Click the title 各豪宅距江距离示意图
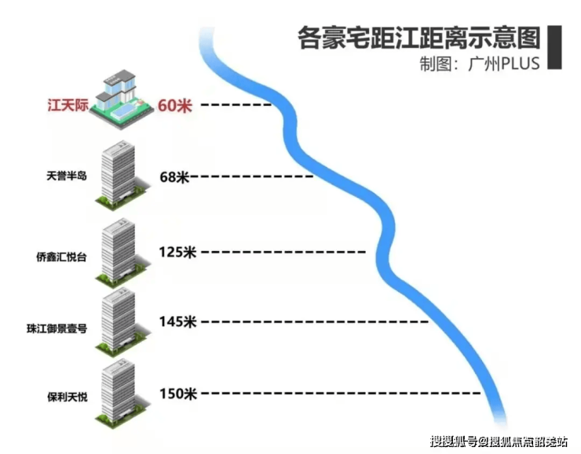pyautogui.click(x=419, y=37)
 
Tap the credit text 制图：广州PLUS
pyautogui.click(x=480, y=64)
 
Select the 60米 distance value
pyautogui.click(x=174, y=105)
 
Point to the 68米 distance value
pyautogui.click(x=174, y=177)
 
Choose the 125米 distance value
pyautogui.click(x=177, y=252)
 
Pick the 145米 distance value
pyautogui.click(x=177, y=321)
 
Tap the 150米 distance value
pyautogui.click(x=177, y=394)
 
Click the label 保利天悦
pyautogui.click(x=68, y=397)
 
